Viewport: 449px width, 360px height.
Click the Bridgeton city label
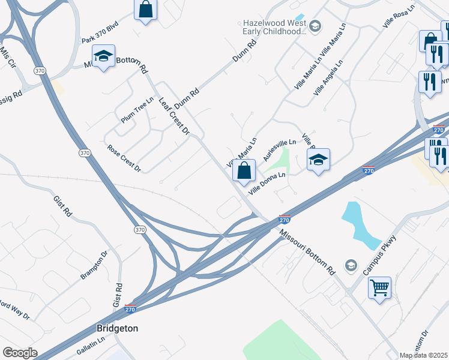pyautogui.click(x=118, y=328)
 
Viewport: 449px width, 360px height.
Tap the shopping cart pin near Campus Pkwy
pyautogui.click(x=379, y=289)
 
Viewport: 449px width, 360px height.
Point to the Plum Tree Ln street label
pyautogui.click(x=137, y=112)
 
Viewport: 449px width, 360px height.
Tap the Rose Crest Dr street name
pyautogui.click(x=124, y=157)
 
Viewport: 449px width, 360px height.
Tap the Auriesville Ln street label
pyautogui.click(x=280, y=150)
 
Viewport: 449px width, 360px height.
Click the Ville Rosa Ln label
pyautogui.click(x=399, y=18)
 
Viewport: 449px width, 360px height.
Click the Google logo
pyautogui.click(x=20, y=352)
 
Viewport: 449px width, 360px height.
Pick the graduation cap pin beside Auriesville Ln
pyautogui.click(x=319, y=160)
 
